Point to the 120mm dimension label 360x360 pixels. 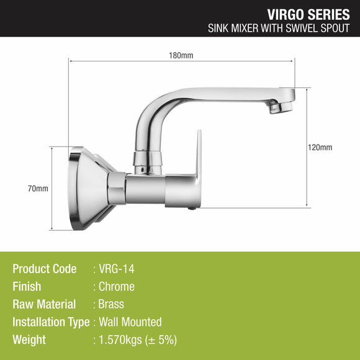pyautogui.click(x=320, y=147)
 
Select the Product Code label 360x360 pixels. pyautogui.click(x=45, y=269)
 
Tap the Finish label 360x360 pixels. pyautogui.click(x=27, y=287)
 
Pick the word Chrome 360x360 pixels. pyautogui.click(x=117, y=287)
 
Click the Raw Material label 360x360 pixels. pyautogui.click(x=44, y=304)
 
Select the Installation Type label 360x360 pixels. pyautogui.click(x=51, y=322)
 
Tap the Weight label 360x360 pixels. pyautogui.click(x=29, y=340)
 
